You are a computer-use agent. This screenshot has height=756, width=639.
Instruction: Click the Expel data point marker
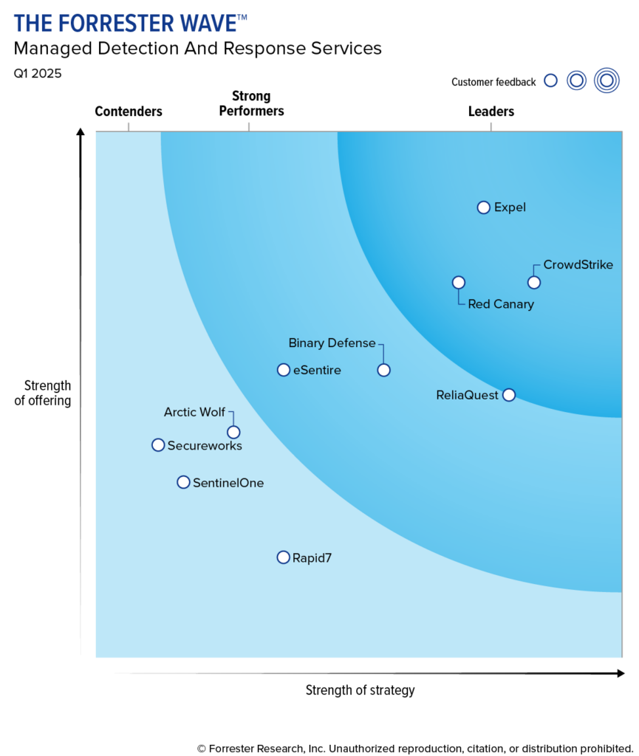point(484,207)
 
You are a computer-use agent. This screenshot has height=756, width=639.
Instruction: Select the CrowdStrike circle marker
point(533,282)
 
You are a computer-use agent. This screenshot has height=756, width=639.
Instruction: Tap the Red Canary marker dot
point(459,282)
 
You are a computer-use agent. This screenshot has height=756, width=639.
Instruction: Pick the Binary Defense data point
point(383,370)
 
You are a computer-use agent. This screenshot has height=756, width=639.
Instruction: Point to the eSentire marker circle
point(284,370)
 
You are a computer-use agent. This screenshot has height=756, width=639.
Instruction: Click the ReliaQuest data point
point(509,395)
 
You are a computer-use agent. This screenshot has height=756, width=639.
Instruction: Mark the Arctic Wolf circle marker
point(233,432)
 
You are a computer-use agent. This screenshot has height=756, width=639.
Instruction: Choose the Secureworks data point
point(158,445)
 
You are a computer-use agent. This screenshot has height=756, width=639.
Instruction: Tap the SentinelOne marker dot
point(183,482)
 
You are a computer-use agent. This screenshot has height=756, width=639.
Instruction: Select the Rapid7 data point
point(284,557)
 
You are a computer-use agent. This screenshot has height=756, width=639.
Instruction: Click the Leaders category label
point(491,111)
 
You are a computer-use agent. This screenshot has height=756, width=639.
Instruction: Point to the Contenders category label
point(129,111)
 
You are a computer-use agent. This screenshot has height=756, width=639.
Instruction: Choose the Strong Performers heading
point(251,103)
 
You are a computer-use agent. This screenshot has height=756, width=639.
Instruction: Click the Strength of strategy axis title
point(360,690)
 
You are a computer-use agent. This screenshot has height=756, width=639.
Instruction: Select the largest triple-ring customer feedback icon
point(606,80)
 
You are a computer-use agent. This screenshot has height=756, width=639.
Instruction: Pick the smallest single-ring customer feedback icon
point(550,81)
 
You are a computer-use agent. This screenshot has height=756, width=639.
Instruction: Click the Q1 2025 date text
point(37,73)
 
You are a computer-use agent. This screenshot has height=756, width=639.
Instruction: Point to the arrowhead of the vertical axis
point(81,133)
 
